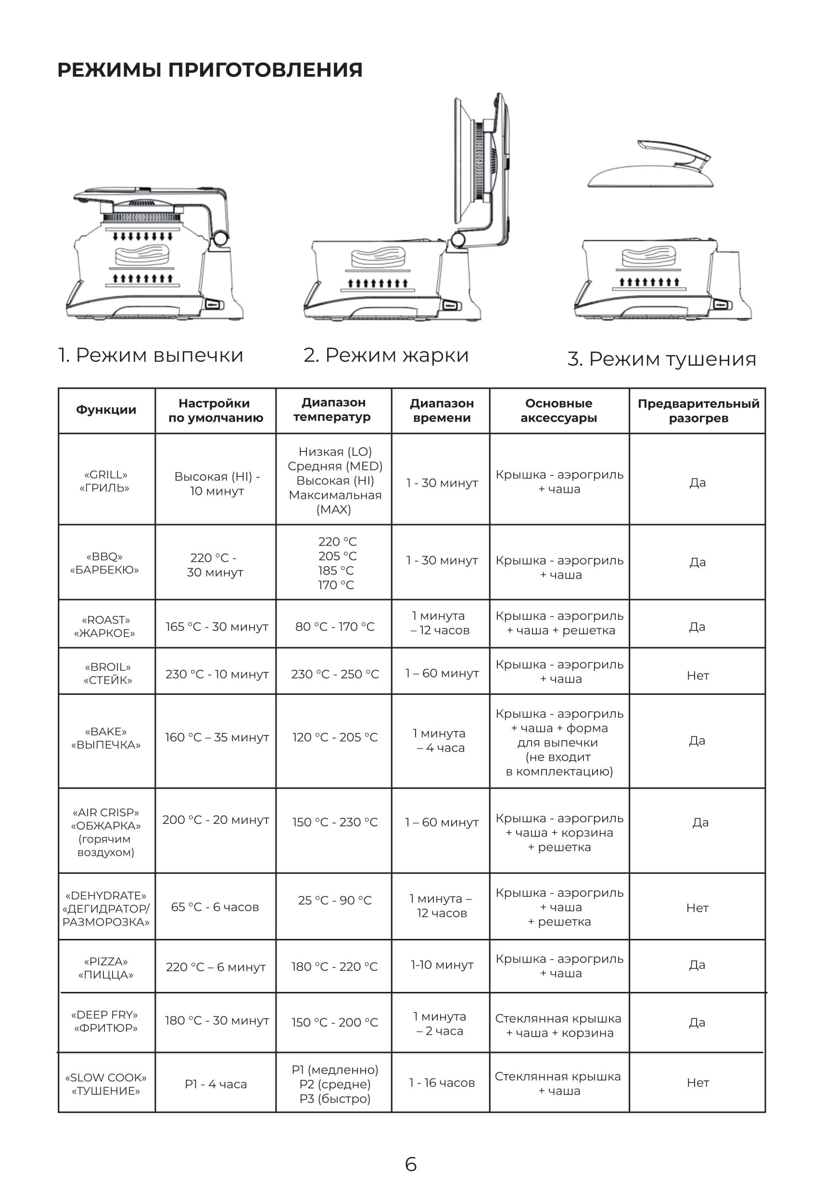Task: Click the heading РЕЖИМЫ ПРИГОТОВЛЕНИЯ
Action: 210,70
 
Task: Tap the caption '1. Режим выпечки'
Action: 150,355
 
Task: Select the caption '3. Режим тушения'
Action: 661,359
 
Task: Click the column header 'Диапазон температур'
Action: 333,410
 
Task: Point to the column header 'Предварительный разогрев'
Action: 698,411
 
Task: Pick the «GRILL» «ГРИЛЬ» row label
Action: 105,481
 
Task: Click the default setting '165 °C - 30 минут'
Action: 217,627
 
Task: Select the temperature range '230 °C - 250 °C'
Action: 335,674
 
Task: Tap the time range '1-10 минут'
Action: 442,965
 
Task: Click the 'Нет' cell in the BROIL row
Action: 697,676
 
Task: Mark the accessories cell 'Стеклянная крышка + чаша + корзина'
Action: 558,1026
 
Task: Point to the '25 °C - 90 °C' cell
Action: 335,900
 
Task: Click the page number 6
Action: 411,1164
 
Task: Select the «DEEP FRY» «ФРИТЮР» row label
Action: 106,1021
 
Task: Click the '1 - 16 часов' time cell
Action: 442,1082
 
